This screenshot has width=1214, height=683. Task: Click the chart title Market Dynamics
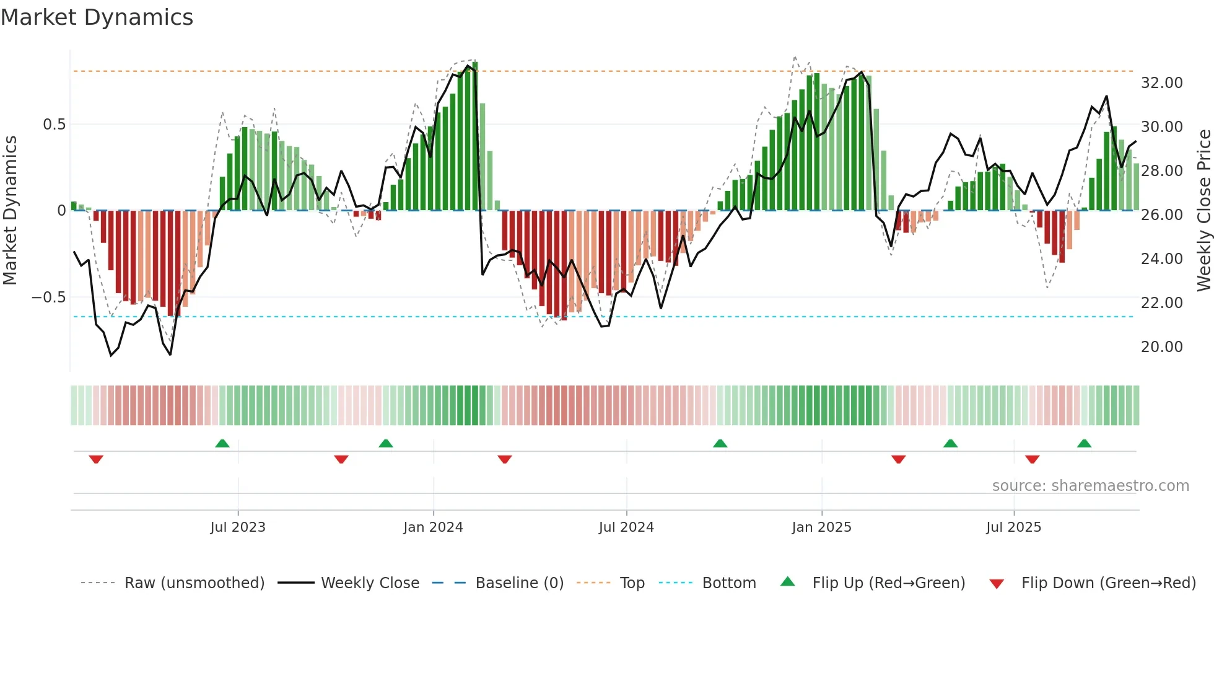[x=97, y=17]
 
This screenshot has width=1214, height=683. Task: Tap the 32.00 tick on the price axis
[x=1161, y=82]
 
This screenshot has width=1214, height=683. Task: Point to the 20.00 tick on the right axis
[x=1161, y=346]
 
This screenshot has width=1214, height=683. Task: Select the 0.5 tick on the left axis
[x=54, y=124]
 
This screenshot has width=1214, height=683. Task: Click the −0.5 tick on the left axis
[x=49, y=297]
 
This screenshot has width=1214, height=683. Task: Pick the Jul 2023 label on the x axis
[x=238, y=527]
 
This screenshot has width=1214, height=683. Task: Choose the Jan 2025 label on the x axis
[x=821, y=527]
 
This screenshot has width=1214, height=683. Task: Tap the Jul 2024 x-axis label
[x=626, y=527]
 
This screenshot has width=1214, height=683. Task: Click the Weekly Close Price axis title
[x=1203, y=210]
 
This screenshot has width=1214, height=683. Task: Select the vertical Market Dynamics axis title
[x=10, y=210]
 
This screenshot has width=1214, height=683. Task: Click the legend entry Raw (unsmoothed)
[x=194, y=583]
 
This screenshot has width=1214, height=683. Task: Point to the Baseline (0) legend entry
[x=519, y=583]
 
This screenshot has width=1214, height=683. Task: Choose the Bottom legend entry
[x=729, y=583]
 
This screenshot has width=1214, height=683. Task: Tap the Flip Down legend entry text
[x=1108, y=583]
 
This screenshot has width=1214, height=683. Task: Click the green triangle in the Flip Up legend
[x=787, y=581]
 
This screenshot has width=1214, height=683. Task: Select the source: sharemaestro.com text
[x=1090, y=485]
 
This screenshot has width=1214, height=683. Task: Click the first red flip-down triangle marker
[x=96, y=459]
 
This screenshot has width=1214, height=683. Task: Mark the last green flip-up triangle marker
[x=1084, y=443]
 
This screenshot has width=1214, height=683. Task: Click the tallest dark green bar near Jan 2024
[x=475, y=136]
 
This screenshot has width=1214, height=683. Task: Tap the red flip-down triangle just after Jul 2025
[x=1032, y=459]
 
